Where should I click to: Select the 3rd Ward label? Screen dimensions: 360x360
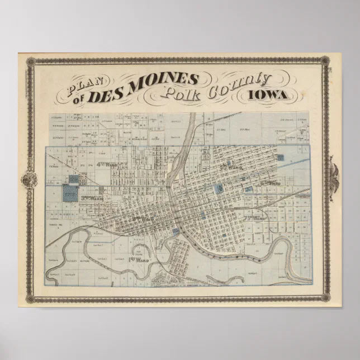coord(92,197)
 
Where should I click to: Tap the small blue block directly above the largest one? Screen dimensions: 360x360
coord(73,179)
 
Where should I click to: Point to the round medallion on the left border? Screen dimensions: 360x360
coord(29,180)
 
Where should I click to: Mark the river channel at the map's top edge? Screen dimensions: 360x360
coord(192,120)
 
